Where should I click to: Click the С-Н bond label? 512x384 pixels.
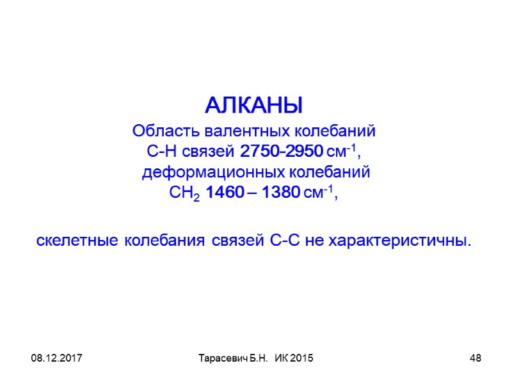click(159, 152)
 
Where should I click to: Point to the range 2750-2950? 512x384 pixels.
click(281, 152)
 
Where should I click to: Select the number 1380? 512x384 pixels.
click(278, 193)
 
